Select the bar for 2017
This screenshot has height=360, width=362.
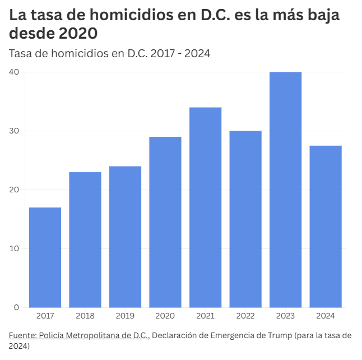click(45, 257)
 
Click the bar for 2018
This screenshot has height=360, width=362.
click(85, 239)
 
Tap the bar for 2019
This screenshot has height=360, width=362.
click(125, 237)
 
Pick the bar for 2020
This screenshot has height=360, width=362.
click(165, 222)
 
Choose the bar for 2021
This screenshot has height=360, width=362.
click(205, 207)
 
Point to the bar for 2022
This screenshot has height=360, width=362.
click(245, 219)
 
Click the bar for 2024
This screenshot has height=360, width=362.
click(326, 227)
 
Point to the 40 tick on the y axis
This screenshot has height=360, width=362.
click(14, 72)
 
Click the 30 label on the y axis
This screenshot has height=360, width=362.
click(14, 131)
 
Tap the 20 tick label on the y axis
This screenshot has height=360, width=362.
click(14, 190)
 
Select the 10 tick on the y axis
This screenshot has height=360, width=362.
click(14, 248)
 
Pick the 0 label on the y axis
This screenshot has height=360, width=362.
click(17, 307)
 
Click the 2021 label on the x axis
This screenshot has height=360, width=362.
click(205, 316)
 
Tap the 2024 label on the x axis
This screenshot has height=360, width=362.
click(326, 316)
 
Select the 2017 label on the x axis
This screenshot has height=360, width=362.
click(45, 316)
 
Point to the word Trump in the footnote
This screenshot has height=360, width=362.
click(279, 335)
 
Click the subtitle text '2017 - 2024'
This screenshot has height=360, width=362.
click(180, 54)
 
